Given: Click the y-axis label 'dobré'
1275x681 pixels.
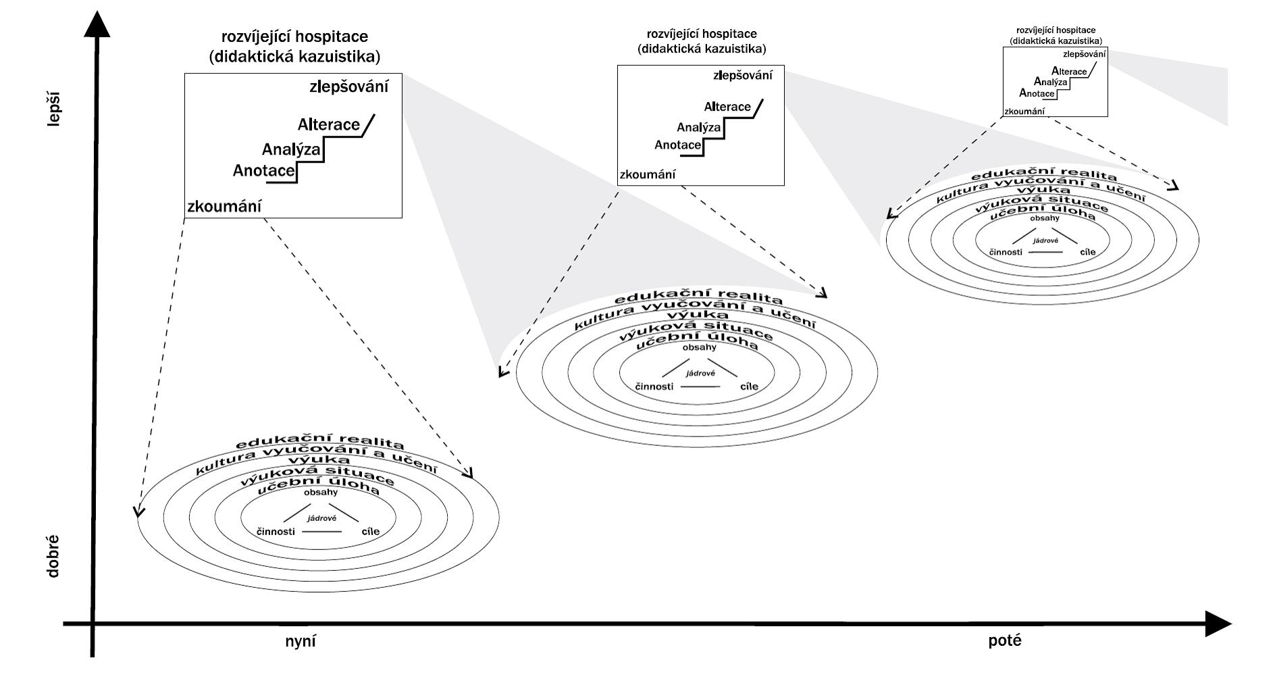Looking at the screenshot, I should point(53,556).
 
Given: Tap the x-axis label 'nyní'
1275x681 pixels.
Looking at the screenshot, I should point(300,640).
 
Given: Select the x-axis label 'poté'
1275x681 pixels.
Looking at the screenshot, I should point(1005,640).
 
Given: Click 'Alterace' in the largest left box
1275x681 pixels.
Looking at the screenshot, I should point(329,125).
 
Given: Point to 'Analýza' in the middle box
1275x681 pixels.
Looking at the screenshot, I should point(698,127).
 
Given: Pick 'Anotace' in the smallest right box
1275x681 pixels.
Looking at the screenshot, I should point(1037,93).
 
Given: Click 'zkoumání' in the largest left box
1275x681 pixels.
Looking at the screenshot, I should point(224,207).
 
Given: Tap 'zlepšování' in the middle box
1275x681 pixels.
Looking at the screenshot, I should point(742,76).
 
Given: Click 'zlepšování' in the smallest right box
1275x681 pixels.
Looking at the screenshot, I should point(1084,54).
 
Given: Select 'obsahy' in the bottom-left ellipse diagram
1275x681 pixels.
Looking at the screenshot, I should point(321,492).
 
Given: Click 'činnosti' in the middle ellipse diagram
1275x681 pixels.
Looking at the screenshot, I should point(654,386).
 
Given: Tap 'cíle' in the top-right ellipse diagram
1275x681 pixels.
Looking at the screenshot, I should point(1087,252).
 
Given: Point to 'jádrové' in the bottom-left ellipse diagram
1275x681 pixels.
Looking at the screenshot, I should point(321,518).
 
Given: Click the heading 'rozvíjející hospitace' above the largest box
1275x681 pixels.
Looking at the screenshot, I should point(294,36).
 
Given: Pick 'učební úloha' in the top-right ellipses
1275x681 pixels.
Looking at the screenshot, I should point(1043,215).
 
